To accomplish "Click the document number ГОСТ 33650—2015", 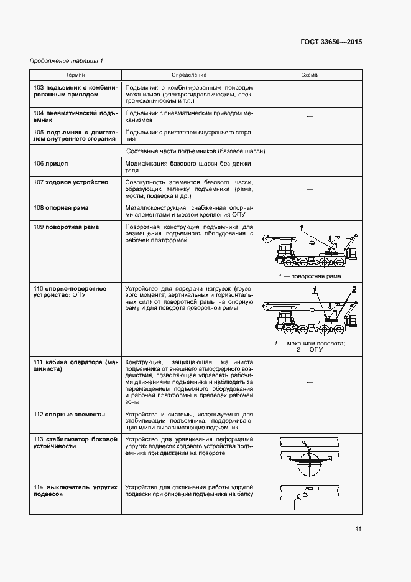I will point(331,42).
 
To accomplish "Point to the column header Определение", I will point(189,75).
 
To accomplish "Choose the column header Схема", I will point(309,75).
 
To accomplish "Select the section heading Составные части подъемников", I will point(195,151).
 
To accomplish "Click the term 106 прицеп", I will point(51,163).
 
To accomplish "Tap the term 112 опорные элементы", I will point(69,414).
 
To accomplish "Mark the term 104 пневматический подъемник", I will point(75,116).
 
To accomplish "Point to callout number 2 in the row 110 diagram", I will point(354,288).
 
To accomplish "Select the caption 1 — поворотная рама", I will point(310,276).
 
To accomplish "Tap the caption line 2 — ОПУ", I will point(310,350).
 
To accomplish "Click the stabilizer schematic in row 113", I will point(309,457).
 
